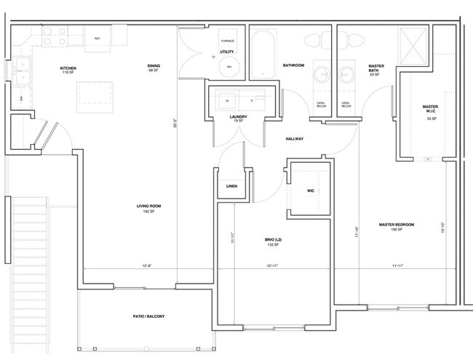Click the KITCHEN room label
[x=68, y=68]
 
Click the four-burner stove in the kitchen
[x=52, y=36]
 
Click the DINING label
[x=154, y=66]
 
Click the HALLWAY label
[x=294, y=139]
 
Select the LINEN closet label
[x=231, y=186]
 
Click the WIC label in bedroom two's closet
[x=310, y=191]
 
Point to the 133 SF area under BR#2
[x=273, y=245]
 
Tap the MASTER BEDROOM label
[x=396, y=224]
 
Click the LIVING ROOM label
[x=148, y=207]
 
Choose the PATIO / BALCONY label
[x=149, y=316]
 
